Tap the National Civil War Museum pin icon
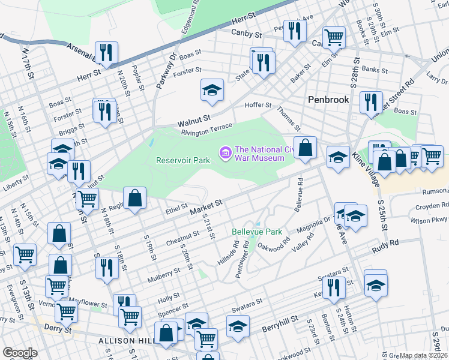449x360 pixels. click(226, 154)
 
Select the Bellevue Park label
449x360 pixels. click(257, 231)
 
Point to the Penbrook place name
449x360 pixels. click(328, 100)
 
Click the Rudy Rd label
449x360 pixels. click(385, 244)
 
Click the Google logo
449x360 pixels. click(20, 353)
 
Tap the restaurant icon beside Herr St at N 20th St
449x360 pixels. click(106, 53)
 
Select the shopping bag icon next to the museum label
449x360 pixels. click(305, 148)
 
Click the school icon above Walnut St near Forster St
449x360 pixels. click(212, 91)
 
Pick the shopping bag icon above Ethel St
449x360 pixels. click(134, 199)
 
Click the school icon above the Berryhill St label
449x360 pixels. click(238, 326)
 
